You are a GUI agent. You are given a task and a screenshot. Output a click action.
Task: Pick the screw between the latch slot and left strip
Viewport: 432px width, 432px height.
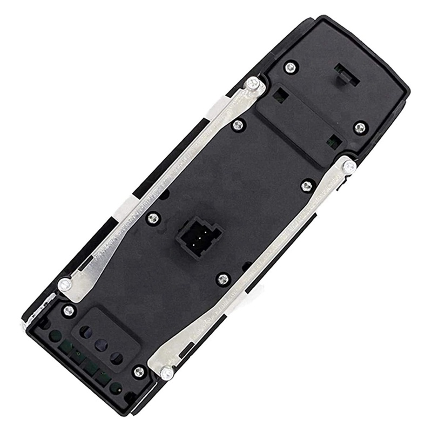(291, 67)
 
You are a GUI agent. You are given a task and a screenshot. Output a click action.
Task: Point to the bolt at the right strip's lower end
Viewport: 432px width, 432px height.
(167, 373)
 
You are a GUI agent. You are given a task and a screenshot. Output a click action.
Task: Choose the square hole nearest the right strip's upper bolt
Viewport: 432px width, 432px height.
(332, 141)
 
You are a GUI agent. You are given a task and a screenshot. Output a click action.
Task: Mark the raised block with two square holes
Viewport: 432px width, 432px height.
(302, 119)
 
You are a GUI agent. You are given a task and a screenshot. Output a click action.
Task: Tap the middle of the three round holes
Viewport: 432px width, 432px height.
(99, 343)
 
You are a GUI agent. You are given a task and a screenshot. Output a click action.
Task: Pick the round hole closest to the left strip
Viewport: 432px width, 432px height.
(85, 330)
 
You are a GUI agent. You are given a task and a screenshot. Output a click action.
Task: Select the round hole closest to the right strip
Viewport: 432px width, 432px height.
(114, 356)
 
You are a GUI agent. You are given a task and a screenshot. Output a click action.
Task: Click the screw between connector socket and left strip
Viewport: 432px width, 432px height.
(153, 218)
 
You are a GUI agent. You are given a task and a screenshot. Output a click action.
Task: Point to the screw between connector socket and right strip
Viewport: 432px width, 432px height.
(223, 279)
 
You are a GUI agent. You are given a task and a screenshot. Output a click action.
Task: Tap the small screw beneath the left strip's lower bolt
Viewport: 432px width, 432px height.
(69, 310)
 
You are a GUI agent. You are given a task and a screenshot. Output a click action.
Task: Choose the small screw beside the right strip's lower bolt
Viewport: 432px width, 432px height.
(139, 371)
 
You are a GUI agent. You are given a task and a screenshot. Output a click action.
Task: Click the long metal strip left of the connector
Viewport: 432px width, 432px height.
(162, 184)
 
